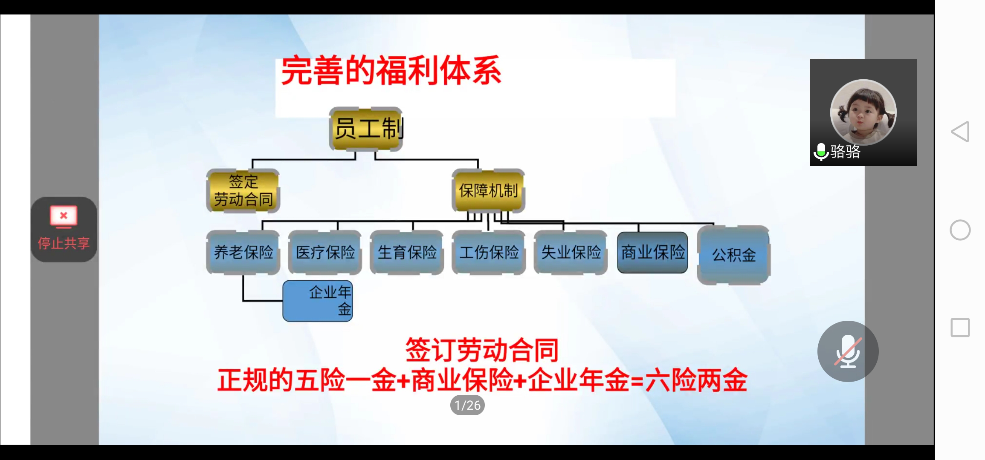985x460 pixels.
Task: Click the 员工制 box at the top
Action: tap(366, 129)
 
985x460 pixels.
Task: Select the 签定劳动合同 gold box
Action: tap(243, 191)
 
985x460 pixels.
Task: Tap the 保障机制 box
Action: tap(488, 190)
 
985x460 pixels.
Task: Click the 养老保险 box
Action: tap(243, 253)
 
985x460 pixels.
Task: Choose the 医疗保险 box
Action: tap(325, 253)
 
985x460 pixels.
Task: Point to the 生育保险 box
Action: tap(407, 253)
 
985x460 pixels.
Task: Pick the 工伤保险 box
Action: tap(489, 253)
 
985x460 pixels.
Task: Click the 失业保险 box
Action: tap(571, 253)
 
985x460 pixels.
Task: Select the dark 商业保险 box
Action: tap(652, 253)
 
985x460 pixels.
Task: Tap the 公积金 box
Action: tap(733, 255)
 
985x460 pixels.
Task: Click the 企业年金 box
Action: tap(318, 301)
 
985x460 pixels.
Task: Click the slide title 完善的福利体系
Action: tap(391, 71)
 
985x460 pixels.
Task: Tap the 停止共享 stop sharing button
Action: tap(64, 230)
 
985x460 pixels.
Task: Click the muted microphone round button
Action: tap(848, 351)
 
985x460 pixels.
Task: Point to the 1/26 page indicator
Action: tap(467, 405)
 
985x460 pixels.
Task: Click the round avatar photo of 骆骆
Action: tap(863, 112)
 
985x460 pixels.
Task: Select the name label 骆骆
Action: tap(845, 152)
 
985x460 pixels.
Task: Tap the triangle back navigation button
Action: tap(960, 132)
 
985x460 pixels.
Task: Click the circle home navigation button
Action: tap(960, 230)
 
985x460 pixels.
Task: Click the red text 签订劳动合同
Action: tap(482, 350)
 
